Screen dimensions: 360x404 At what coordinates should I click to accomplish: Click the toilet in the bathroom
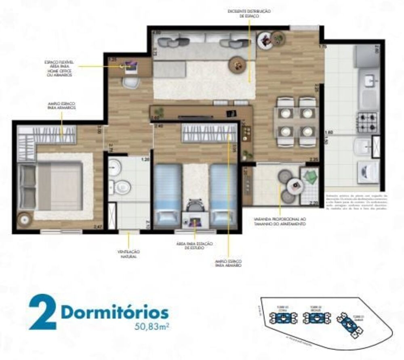[122, 187]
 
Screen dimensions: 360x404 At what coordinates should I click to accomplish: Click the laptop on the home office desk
[131, 67]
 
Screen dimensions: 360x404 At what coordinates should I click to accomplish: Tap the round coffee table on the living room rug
[237, 63]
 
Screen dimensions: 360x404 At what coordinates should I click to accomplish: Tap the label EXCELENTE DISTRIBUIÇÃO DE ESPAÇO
[249, 14]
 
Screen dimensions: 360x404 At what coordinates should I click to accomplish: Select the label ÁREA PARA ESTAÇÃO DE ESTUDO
[195, 246]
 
